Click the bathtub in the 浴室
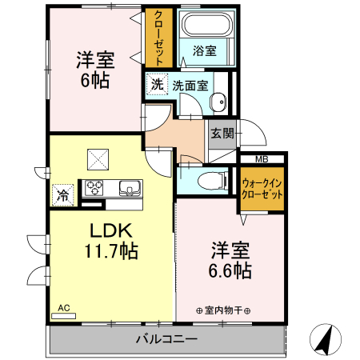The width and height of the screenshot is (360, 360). point(206,25)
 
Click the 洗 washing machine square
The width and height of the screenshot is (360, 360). point(158,84)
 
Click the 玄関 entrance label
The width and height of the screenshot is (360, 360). point(222,134)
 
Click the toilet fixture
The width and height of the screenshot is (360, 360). point(211,179)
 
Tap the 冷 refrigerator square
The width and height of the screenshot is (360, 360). point(62,193)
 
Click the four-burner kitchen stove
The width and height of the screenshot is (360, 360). point(95,189)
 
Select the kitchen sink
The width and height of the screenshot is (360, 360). point(129,189)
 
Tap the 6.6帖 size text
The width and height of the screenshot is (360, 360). point(231,271)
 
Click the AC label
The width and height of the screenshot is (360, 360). point(62,306)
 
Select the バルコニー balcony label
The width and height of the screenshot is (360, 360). point(166,339)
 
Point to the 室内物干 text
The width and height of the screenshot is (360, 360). point(223,310)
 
